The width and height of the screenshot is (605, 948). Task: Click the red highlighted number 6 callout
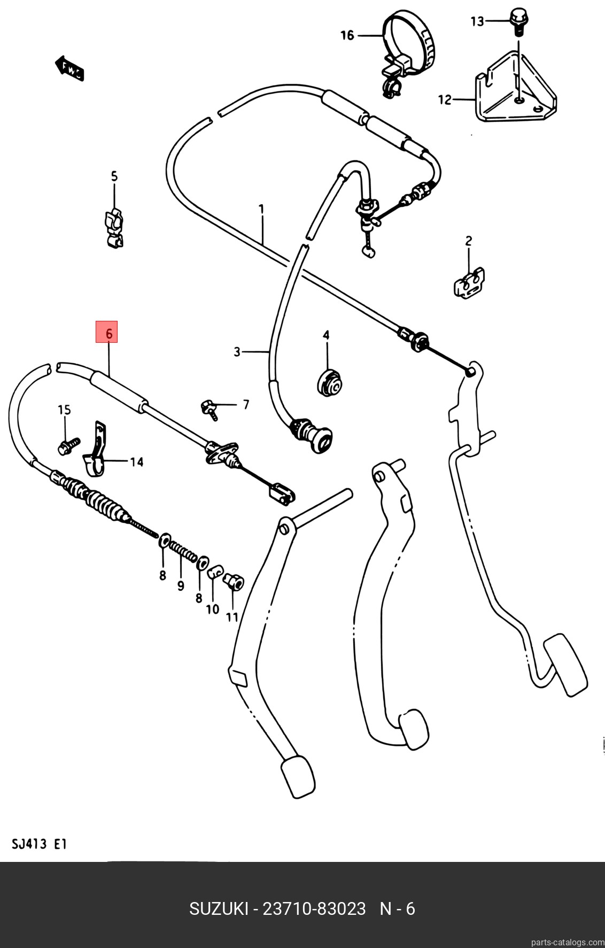point(106,332)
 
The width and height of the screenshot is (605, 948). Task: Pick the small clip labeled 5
point(114,228)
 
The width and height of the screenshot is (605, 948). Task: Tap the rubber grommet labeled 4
point(328,382)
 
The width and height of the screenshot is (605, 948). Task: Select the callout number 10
point(212,609)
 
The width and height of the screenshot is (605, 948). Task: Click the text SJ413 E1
point(39,845)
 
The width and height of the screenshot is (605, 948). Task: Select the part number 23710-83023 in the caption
point(314,908)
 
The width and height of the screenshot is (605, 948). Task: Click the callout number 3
point(237,352)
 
